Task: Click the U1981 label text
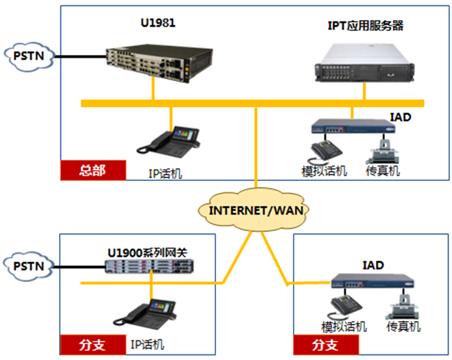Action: [x=158, y=23]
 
